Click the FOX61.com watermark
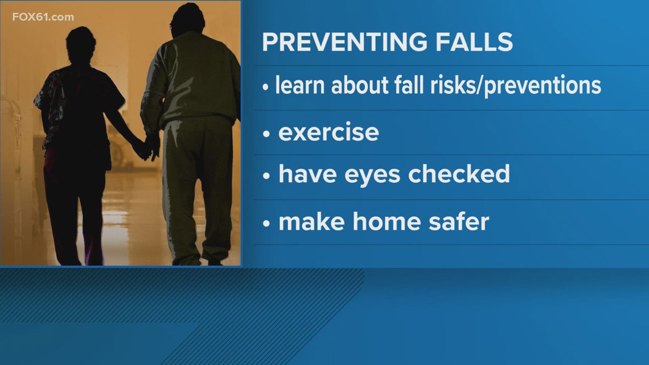pos(43,17)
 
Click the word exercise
pos(328,132)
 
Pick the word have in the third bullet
pos(309,174)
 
